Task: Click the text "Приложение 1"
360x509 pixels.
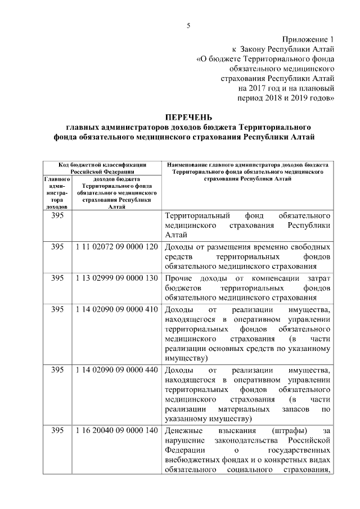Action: click(308, 39)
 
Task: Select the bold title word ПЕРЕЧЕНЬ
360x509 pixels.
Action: click(189, 118)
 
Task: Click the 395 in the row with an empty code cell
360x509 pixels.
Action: click(57, 216)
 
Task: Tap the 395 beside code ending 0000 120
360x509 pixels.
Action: click(57, 247)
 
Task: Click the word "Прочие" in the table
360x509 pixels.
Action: click(179, 279)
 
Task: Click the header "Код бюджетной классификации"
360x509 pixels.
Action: click(103, 164)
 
